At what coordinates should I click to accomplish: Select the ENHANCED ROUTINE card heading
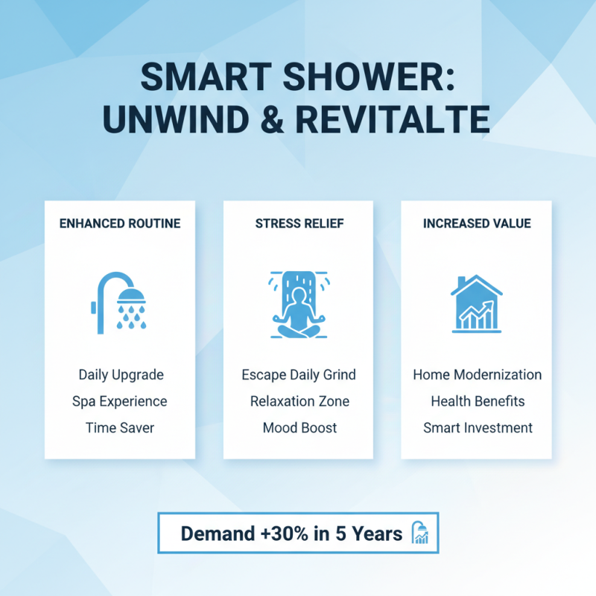tap(120, 223)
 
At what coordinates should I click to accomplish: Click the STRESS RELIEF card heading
tap(299, 223)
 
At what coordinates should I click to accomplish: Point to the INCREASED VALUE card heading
tap(477, 223)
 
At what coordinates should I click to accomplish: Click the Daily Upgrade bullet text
tap(121, 374)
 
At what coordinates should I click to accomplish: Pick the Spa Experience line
tap(120, 401)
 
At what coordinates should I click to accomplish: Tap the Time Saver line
tap(120, 428)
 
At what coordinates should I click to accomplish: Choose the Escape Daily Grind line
tap(299, 374)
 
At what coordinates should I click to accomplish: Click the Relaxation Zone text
tap(299, 401)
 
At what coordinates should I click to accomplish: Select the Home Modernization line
tap(478, 374)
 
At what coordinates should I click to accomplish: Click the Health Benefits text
tap(478, 401)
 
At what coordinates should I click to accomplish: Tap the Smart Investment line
tap(478, 428)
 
